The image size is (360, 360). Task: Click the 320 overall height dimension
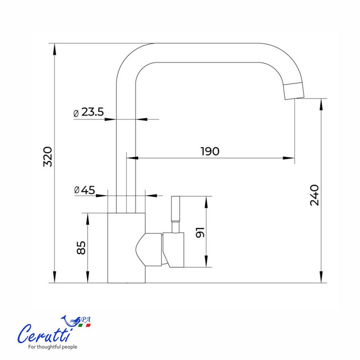coord(48,157)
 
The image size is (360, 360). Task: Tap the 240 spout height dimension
coord(314,195)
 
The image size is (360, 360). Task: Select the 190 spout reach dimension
coord(210,151)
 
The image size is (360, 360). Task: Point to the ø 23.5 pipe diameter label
coord(88,112)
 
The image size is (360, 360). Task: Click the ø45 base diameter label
coord(85,190)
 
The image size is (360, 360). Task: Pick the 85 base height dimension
coord(81,248)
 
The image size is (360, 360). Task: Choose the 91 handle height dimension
coord(200,232)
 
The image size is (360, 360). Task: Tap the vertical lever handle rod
coord(175,214)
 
